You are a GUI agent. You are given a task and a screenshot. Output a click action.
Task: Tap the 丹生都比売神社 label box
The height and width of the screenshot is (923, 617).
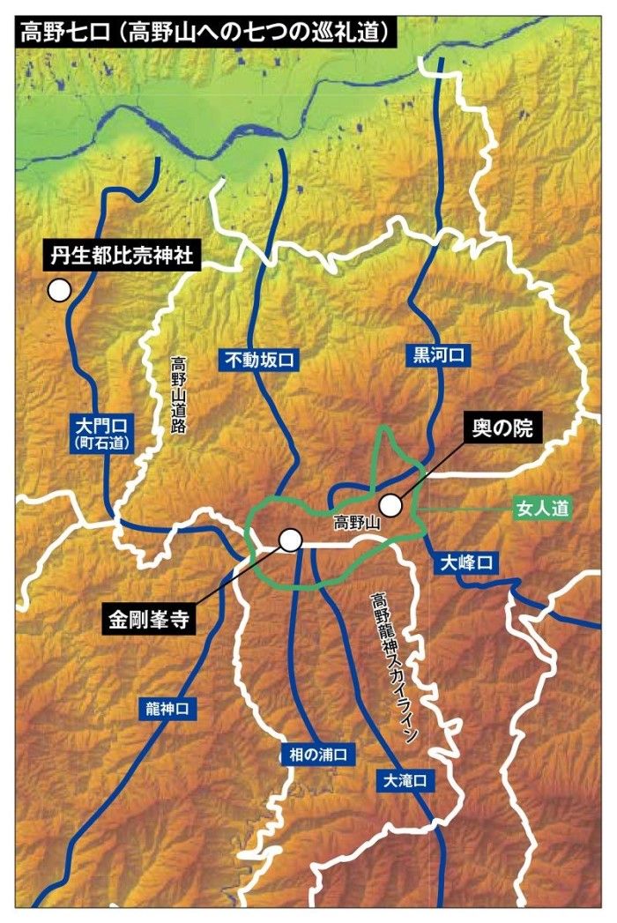pos(123,257)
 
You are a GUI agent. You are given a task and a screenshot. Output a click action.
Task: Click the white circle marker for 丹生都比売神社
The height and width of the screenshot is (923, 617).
pos(59,289)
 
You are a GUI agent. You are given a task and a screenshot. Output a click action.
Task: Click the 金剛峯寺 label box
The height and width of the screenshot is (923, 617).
pos(149,618)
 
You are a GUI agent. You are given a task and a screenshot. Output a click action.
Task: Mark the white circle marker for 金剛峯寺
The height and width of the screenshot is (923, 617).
pos(290,540)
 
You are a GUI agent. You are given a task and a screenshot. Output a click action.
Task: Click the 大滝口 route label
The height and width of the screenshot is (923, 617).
pos(405,780)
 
